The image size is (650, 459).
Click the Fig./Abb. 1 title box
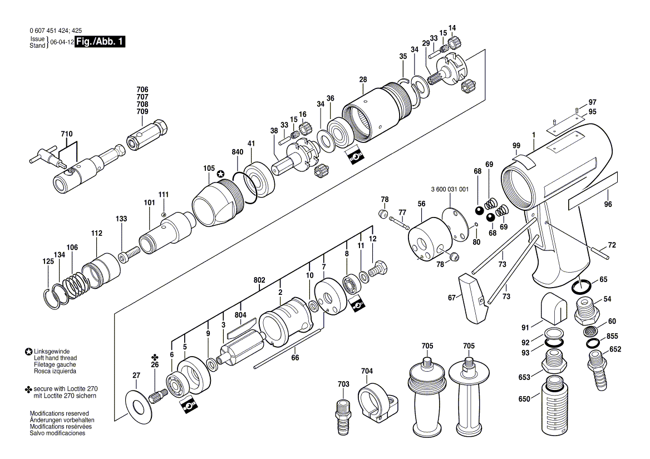pos(100,42)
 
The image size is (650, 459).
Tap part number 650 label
pos(524,399)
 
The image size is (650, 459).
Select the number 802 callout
pos(259,280)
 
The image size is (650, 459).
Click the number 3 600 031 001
pos(450,189)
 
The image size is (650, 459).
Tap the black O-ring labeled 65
pos(582,287)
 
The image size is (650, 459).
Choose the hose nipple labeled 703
pos(342,416)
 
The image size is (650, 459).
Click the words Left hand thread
pos(55,358)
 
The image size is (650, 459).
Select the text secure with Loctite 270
pos(66,389)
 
